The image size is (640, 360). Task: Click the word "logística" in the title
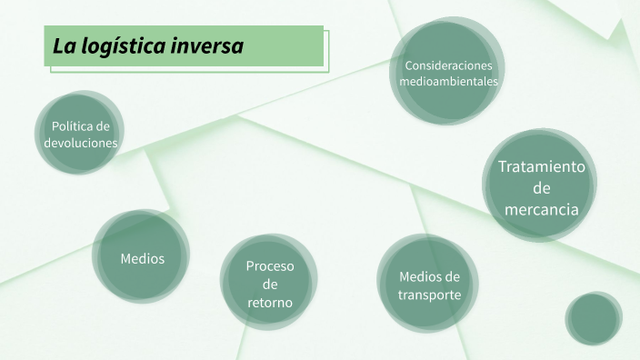point(123,46)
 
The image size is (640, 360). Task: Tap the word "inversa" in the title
point(209,45)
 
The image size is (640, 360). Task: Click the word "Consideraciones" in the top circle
point(448,65)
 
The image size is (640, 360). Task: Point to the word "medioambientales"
point(448,81)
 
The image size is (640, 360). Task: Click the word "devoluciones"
point(81,143)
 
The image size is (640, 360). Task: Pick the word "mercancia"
point(542,209)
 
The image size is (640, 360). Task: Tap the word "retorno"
point(270,302)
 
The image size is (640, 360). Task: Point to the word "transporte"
point(430,295)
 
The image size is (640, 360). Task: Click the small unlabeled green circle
point(594,319)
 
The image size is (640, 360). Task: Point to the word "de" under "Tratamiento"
point(542,188)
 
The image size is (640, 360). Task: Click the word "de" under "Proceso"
point(270,284)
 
